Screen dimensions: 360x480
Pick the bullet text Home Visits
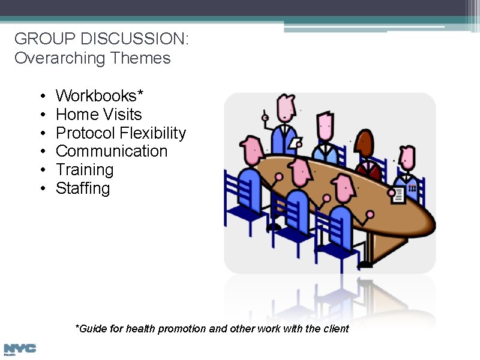[x=98, y=115]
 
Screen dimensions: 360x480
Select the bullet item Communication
[x=112, y=151]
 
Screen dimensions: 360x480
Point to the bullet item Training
[x=85, y=170]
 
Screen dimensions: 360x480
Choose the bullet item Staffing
[x=83, y=188]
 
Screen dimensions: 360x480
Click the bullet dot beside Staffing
[x=43, y=189]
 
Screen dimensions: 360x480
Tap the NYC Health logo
[x=19, y=349]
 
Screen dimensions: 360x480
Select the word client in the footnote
[x=336, y=329]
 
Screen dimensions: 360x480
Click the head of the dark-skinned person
[x=365, y=145]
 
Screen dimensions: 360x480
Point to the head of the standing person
[x=286, y=109]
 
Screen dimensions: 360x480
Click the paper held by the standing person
[x=296, y=143]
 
